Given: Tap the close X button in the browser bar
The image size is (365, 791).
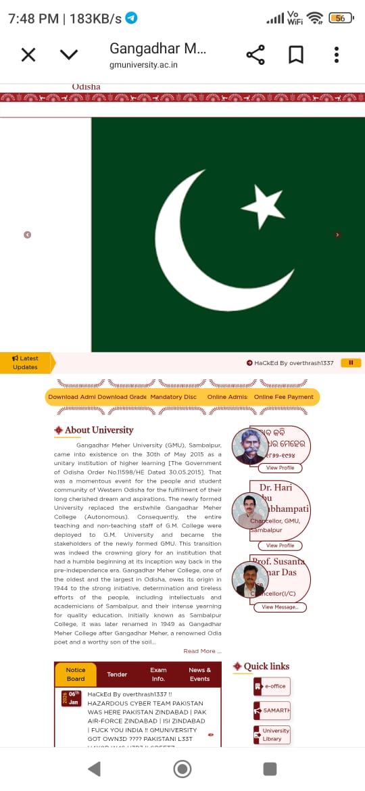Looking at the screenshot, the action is (28, 55).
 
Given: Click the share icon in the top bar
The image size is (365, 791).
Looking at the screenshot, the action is (255, 55).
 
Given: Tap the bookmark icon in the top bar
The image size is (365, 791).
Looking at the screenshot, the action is (296, 55).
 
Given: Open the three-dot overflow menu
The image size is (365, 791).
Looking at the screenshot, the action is (336, 55).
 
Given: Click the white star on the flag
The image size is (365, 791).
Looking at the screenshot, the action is (262, 204).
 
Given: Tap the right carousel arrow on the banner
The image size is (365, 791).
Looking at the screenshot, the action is (337, 235).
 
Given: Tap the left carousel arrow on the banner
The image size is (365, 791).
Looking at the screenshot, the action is (27, 235).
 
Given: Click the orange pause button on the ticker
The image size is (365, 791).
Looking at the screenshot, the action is (351, 363).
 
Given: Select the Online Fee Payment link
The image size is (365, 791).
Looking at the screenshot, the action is (284, 397).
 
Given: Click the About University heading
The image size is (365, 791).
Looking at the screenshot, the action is (99, 430).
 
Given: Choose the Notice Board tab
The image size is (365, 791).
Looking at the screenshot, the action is (76, 674).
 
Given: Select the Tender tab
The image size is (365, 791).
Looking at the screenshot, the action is (117, 674).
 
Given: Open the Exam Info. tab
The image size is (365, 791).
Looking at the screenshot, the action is (158, 674).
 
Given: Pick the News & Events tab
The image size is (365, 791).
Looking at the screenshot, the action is (199, 674).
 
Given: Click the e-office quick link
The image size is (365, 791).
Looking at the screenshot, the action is (272, 686).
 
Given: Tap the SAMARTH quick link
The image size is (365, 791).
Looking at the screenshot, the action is (272, 711).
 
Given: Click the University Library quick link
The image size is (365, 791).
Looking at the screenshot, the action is (272, 735).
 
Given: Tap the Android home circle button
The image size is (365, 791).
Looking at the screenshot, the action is (182, 769).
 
